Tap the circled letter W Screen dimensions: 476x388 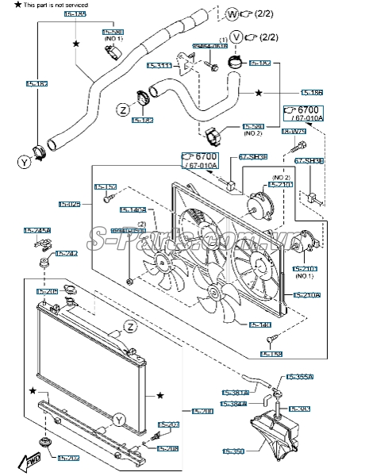coord(232,13)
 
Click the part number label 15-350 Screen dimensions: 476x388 coord(232,451)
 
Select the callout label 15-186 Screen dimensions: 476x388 coord(312,93)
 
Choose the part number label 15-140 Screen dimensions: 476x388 coord(260,324)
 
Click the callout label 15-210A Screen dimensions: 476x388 coord(306,295)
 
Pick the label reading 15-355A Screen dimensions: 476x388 coord(301,377)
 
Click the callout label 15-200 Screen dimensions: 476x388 coord(202,411)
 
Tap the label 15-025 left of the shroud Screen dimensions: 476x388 coord(70,205)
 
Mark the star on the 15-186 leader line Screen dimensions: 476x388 coord(259,93)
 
